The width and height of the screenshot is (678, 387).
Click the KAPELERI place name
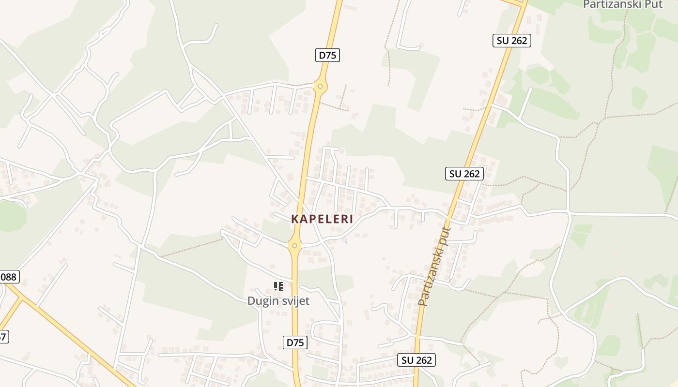click(322, 219)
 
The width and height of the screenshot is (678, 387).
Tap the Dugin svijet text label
click(278, 301)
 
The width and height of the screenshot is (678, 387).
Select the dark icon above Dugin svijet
click(278, 286)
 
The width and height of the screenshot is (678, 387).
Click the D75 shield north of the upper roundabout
click(327, 55)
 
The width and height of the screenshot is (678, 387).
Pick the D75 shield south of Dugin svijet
click(295, 342)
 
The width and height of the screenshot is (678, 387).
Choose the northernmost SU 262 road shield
click(512, 41)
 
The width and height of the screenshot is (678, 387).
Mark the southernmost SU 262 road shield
click(417, 360)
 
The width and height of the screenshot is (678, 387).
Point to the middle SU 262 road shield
click(464, 174)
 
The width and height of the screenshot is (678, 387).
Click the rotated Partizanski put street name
click(434, 267)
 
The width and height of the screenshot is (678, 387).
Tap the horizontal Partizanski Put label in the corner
click(622, 4)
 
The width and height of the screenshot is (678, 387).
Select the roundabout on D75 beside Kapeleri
click(294, 246)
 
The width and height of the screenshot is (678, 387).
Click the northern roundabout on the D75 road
click(320, 87)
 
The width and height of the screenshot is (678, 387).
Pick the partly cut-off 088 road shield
click(8, 277)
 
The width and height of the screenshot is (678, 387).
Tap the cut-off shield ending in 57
click(3, 336)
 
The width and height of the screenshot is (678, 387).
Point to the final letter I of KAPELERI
click(351, 219)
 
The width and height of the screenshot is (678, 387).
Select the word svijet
click(294, 301)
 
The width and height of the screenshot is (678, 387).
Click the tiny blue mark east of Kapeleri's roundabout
click(346, 242)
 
